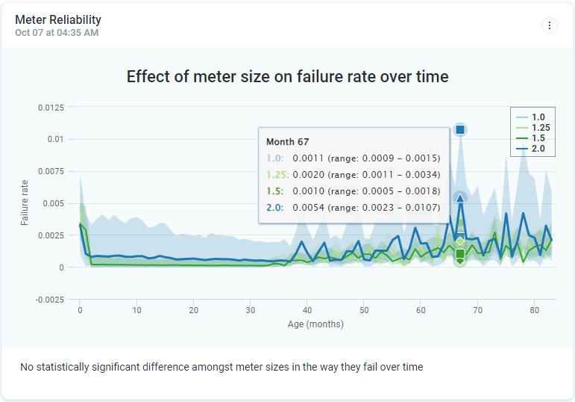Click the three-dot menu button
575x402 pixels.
point(550,25)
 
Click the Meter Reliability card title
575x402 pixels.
point(58,20)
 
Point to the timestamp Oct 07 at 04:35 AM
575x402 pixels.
point(57,33)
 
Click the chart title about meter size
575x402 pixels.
point(287,76)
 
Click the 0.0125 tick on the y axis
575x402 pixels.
point(51,108)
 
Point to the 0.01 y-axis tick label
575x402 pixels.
point(57,140)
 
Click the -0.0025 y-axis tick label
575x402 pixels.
point(50,300)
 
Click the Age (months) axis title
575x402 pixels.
point(315,324)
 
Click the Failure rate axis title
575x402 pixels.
point(25,202)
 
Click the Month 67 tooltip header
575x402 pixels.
point(288,142)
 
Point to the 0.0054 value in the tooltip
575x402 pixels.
point(308,208)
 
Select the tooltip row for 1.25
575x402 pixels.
point(354,175)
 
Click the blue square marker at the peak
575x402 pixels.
point(460,130)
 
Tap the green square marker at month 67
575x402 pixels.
point(460,254)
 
